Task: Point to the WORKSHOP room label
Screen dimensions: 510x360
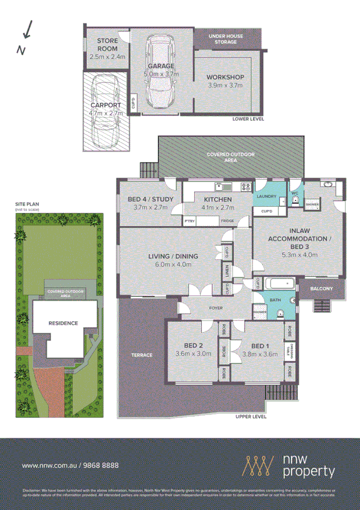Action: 225,78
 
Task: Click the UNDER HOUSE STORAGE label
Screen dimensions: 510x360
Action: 225,39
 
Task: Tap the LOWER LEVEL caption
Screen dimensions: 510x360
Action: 248,119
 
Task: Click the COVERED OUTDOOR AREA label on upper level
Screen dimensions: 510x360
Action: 231,158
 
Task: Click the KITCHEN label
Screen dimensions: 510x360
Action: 218,199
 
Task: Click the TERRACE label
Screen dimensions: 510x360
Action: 142,355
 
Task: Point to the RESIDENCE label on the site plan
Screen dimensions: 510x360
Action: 63,323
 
